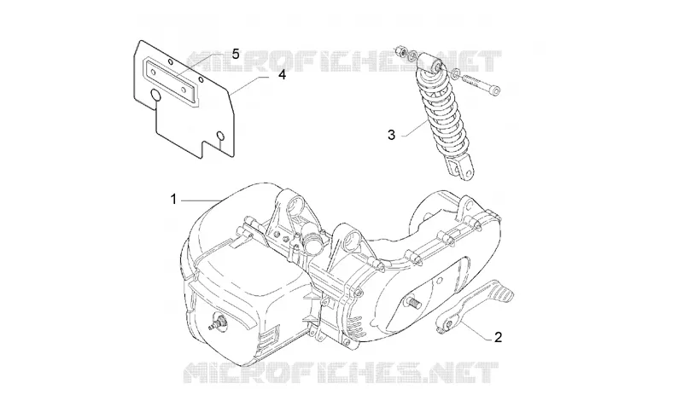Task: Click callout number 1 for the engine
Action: [173, 200]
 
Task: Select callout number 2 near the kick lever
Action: [498, 337]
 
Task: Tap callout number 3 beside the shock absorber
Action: [391, 135]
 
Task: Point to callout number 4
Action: [283, 75]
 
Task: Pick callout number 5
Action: [236, 55]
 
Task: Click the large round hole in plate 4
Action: [155, 95]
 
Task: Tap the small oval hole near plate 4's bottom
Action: [220, 136]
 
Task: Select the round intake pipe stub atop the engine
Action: [312, 245]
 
